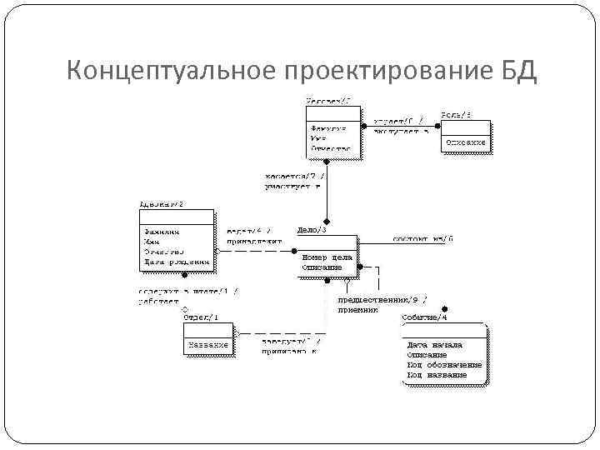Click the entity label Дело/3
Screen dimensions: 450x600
coord(312,230)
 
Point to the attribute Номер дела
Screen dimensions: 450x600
coord(327,257)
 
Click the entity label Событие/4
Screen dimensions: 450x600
coord(423,317)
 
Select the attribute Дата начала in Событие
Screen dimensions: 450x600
coord(434,345)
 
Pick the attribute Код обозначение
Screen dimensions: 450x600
coord(444,365)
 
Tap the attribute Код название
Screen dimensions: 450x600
coord(437,375)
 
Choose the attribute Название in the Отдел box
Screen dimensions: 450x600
coord(207,345)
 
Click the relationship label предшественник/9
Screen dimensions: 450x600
coord(382,299)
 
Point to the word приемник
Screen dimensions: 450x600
coord(357,309)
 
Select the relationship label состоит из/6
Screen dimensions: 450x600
coord(422,238)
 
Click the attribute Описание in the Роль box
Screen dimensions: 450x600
coord(465,142)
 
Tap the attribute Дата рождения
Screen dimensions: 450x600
coord(175,262)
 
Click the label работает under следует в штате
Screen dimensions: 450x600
coord(158,301)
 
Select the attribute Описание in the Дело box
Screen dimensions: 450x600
coord(322,267)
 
